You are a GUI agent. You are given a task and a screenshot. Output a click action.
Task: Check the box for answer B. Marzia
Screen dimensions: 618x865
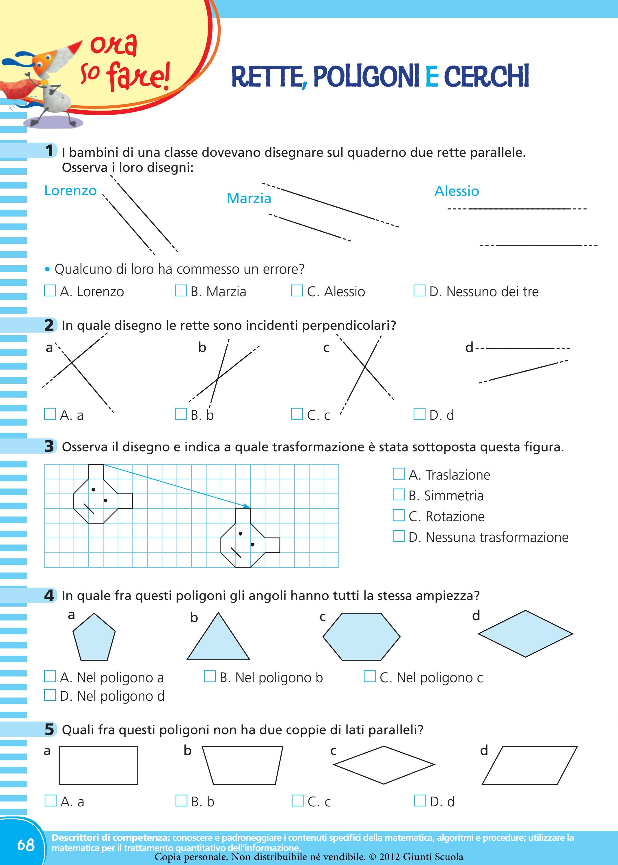[x=180, y=291]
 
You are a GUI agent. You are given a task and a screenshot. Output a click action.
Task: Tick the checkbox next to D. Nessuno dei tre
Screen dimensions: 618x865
[x=419, y=291]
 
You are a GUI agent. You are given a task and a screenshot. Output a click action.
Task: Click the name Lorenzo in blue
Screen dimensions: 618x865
[x=70, y=191]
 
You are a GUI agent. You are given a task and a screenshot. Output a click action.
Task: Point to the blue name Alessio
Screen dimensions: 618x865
[x=457, y=191]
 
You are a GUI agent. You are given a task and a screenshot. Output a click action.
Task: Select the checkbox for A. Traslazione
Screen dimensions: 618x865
[x=399, y=474]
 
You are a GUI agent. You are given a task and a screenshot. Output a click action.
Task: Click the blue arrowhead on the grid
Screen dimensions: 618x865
[x=247, y=506]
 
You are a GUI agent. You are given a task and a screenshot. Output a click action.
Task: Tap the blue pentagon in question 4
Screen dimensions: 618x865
[x=94, y=637]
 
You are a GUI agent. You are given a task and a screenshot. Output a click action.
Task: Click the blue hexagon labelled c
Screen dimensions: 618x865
[x=362, y=636]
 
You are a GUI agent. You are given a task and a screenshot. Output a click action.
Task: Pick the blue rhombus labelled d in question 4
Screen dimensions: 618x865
[x=525, y=634]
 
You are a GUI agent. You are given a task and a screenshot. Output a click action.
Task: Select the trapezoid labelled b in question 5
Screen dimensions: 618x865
[x=242, y=765]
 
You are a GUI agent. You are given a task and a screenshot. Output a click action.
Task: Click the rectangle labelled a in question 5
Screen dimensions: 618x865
[x=98, y=765]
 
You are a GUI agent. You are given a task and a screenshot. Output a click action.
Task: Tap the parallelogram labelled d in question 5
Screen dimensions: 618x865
[x=530, y=765]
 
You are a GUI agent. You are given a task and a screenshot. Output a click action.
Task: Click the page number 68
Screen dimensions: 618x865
[x=26, y=845]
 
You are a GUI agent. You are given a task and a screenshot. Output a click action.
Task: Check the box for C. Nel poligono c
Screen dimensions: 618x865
[x=370, y=677]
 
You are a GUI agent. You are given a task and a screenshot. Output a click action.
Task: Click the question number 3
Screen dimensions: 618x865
[x=49, y=446]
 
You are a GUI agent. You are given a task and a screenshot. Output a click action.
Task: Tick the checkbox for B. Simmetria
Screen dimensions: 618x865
[x=399, y=495]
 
